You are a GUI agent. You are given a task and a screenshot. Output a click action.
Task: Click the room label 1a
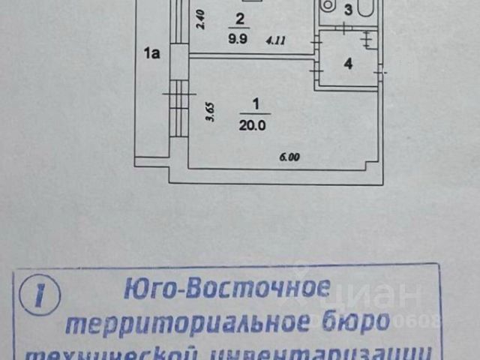point(153,53)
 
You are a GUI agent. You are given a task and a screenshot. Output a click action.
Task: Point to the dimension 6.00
point(289,157)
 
